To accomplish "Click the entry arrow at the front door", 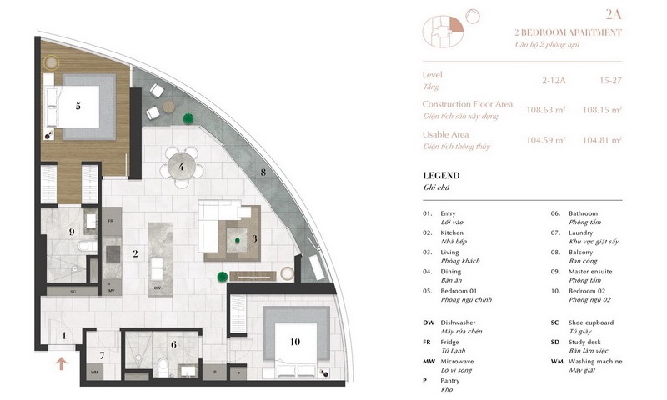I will coord(59,362).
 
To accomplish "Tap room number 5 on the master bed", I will coord(78,106).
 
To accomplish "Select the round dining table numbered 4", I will coord(181,166).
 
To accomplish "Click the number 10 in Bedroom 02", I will coord(293,340).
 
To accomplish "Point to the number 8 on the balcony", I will coord(263,172).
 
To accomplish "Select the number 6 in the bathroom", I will coord(173,343).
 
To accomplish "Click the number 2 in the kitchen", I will coord(134,253).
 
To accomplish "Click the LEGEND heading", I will coord(442,177).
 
